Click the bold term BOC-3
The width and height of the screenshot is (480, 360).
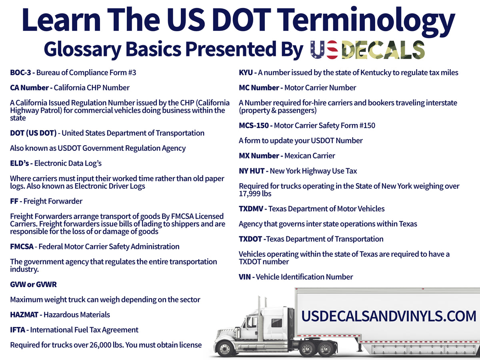click(x=20, y=73)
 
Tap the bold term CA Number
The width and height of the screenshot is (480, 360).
click(x=29, y=88)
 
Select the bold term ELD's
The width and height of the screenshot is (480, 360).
click(x=20, y=163)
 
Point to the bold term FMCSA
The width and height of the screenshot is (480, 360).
click(x=22, y=246)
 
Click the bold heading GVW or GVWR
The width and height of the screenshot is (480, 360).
click(x=33, y=284)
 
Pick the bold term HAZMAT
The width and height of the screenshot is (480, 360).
click(x=24, y=315)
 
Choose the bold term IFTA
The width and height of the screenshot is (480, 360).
click(x=18, y=330)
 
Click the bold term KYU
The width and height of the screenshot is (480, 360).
click(x=246, y=73)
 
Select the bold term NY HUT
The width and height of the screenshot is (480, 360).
click(x=252, y=171)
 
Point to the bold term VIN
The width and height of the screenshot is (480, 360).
click(x=245, y=277)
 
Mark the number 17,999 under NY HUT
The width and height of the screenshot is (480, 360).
click(x=250, y=194)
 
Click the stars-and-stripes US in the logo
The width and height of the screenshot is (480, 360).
click(x=324, y=50)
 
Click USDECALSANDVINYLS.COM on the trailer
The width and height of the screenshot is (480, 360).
click(x=388, y=316)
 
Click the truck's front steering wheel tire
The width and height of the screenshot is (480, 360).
click(x=225, y=348)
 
